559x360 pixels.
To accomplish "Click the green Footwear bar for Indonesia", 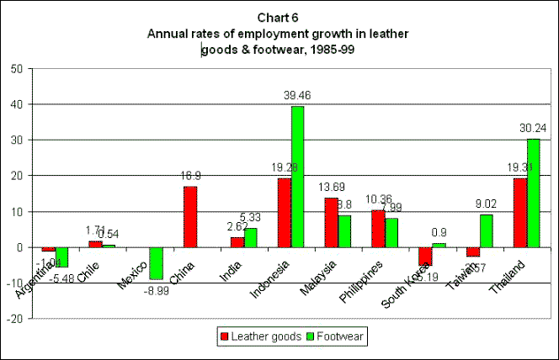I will (x=297, y=177).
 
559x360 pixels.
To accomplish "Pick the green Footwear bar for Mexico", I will (x=156, y=263).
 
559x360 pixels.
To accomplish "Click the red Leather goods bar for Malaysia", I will (x=332, y=223).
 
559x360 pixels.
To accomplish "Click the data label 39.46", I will (x=299, y=98).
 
